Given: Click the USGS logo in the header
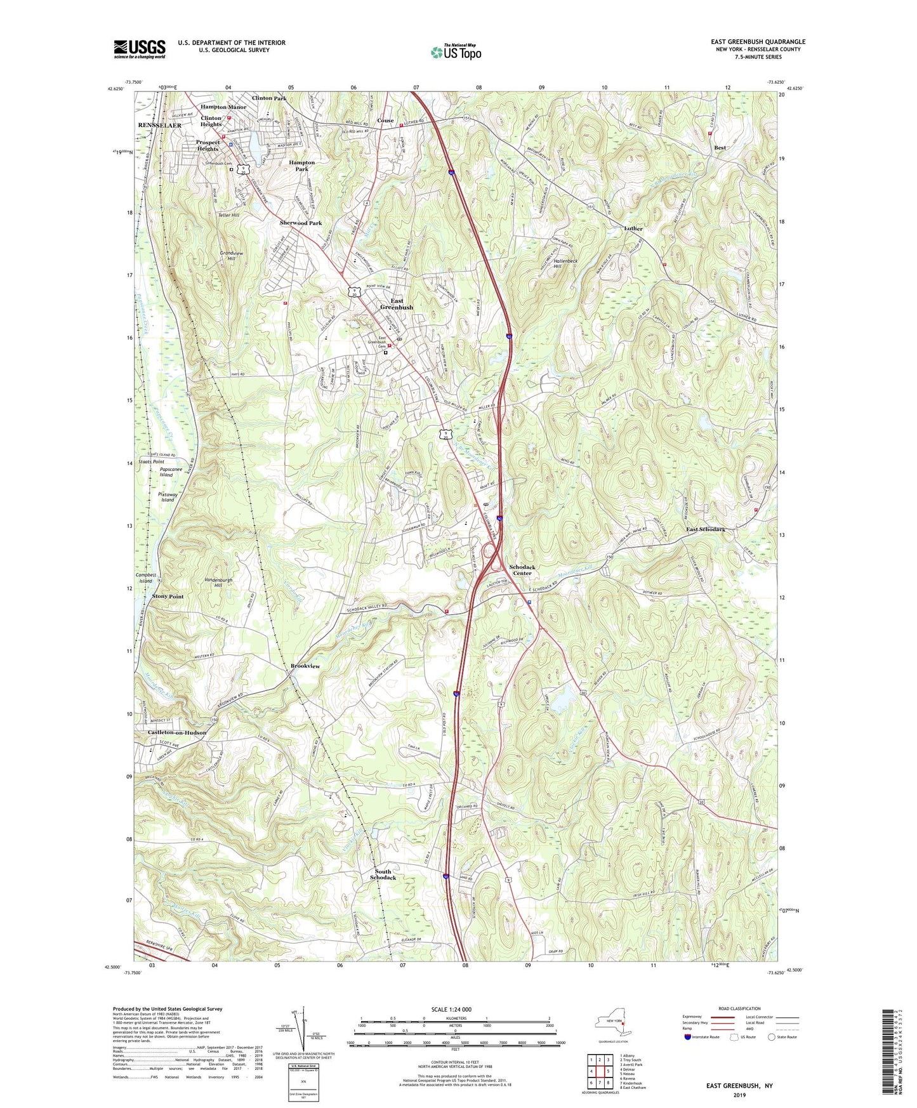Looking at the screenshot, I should point(140,49).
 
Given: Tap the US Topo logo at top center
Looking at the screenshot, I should point(456,52).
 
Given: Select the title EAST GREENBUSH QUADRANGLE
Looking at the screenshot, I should point(758,42).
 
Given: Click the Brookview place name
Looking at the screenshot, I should point(305,666).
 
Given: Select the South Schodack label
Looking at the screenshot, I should point(383,874).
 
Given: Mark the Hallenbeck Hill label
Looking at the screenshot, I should point(549,263).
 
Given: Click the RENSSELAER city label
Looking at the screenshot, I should point(160,126).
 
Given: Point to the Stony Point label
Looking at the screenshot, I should point(168,597).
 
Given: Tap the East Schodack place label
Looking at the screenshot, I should point(706,529).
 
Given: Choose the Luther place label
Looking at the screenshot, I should point(633,228).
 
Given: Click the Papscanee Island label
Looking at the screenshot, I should point(166,472).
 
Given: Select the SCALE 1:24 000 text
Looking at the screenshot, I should point(455,1010).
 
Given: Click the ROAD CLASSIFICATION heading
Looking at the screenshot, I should point(739,1008).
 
